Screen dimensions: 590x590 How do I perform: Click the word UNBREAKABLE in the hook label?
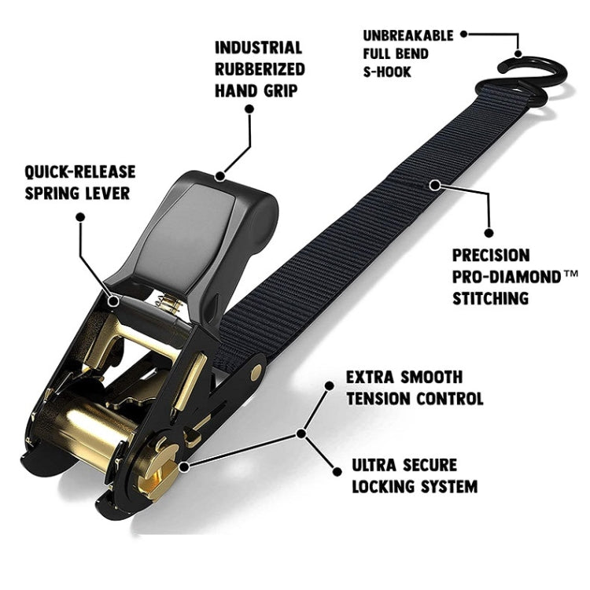click(x=407, y=35)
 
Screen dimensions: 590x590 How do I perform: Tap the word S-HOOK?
click(x=387, y=72)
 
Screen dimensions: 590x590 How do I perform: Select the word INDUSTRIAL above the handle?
click(x=259, y=48)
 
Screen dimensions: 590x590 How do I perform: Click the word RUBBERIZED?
click(x=260, y=69)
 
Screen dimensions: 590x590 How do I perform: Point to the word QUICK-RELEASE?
click(x=79, y=172)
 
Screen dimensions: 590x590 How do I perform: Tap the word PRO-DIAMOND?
click(x=507, y=278)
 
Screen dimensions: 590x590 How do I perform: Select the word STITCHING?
click(x=490, y=298)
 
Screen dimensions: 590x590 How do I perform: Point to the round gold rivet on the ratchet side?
click(x=257, y=373)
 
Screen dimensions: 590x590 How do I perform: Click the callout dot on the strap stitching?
click(x=435, y=185)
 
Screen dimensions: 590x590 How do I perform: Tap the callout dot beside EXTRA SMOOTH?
click(x=330, y=385)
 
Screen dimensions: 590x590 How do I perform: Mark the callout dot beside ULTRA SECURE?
click(x=337, y=471)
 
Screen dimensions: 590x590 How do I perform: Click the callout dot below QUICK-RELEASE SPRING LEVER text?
click(x=80, y=217)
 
